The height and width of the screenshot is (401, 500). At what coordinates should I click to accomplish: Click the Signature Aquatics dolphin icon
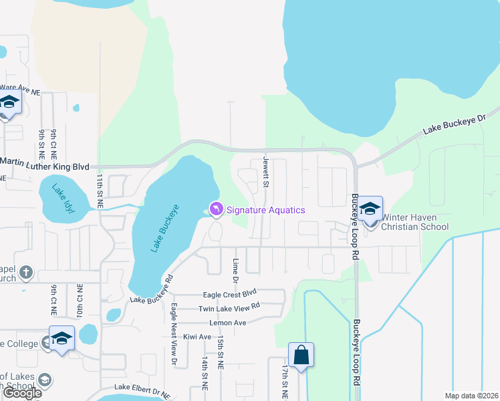coord(217,210)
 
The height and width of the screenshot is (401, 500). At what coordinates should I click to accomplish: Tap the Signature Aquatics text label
coord(266,210)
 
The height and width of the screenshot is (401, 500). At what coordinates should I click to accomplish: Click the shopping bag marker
coord(301,356)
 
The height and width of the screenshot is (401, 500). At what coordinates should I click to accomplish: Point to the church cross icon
coord(25,272)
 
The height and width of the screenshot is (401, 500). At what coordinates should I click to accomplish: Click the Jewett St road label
coord(265,172)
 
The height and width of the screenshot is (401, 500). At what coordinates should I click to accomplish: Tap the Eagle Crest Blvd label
coord(230,293)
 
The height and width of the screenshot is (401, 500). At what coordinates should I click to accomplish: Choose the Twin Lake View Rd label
coord(229,308)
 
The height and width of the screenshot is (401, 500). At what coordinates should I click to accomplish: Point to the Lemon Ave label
coord(228,323)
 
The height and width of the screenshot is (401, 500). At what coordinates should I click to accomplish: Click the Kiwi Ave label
coord(197,337)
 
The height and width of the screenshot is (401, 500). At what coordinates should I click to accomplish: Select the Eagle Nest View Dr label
coord(174,334)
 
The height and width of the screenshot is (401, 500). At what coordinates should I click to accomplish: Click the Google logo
coord(22,393)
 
